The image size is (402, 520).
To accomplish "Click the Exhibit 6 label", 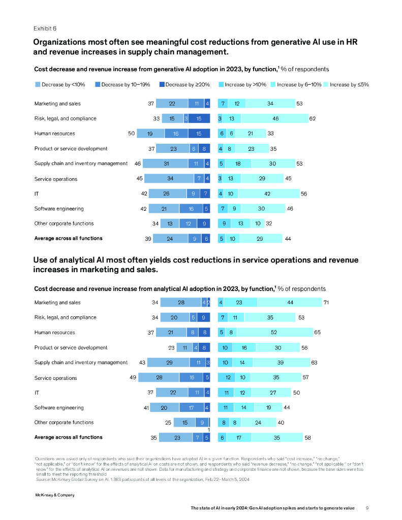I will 45,28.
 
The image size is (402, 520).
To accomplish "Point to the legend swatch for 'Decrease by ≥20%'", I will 162,85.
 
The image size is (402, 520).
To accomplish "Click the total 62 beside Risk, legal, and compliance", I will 313,119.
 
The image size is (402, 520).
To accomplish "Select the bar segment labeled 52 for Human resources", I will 274,333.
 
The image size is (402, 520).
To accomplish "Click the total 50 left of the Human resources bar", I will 131,134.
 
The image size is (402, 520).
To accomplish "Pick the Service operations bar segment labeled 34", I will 170,179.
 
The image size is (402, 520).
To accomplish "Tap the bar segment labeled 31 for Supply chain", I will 166,164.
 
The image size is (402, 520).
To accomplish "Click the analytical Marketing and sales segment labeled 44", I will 290,303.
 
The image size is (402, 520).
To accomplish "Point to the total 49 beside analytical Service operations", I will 134,378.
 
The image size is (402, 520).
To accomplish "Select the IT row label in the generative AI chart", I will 37,193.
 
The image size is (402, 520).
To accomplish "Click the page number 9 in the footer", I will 367,507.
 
